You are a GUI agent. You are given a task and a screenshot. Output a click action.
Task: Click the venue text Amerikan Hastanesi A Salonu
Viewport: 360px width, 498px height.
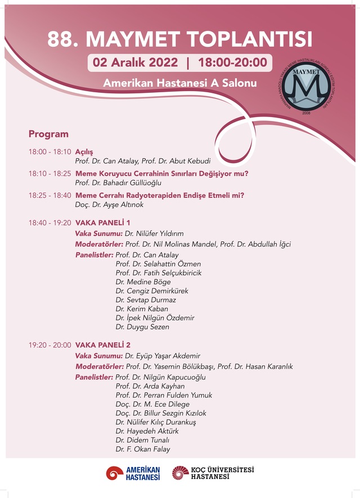[179, 83]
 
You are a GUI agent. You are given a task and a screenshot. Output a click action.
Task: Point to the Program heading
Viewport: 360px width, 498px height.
[48, 134]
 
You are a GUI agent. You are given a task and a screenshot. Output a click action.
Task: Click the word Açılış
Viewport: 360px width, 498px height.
[84, 152]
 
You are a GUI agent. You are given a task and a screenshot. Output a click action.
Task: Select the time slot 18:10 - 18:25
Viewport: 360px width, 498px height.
[50, 174]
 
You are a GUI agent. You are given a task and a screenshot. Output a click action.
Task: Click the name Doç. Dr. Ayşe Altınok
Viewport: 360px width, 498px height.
[109, 205]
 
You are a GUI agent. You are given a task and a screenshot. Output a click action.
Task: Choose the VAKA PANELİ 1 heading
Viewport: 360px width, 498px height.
[103, 223]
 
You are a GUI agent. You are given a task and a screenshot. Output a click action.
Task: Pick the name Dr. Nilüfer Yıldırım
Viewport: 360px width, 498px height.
[154, 234]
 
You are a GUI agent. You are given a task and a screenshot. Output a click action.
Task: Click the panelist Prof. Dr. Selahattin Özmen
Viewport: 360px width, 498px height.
[158, 264]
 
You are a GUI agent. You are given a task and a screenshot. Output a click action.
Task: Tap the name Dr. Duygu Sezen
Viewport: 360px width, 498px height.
[142, 327]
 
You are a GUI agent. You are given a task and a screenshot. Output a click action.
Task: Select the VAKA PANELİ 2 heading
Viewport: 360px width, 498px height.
[103, 345]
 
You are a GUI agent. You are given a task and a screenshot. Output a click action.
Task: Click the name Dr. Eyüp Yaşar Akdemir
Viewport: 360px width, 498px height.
[163, 356]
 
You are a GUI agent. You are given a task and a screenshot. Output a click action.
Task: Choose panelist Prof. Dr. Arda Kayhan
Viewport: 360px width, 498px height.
[150, 386]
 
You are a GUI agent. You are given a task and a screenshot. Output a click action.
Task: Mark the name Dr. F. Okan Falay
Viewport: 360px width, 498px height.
[143, 449]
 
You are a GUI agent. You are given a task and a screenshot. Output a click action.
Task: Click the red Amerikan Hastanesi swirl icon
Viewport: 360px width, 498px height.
[115, 473]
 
